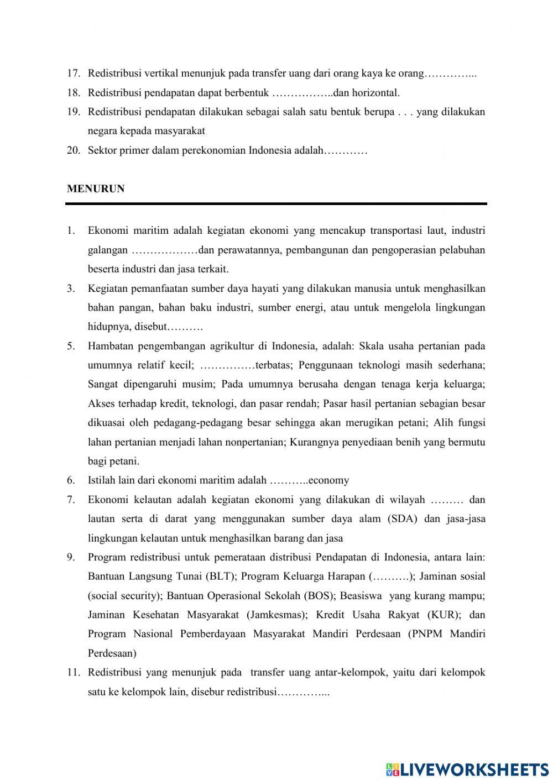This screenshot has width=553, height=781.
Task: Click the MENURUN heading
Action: [x=96, y=188]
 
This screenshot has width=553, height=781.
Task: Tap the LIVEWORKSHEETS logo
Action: [x=467, y=769]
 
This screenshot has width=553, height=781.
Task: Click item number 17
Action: [x=74, y=73]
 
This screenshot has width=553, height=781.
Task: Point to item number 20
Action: [x=74, y=150]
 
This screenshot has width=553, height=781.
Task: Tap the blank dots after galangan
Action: [x=164, y=250]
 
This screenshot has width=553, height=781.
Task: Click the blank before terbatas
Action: [x=227, y=365]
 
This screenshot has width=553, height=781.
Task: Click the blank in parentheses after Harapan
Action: [x=391, y=576]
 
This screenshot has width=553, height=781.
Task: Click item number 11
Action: [x=74, y=672]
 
